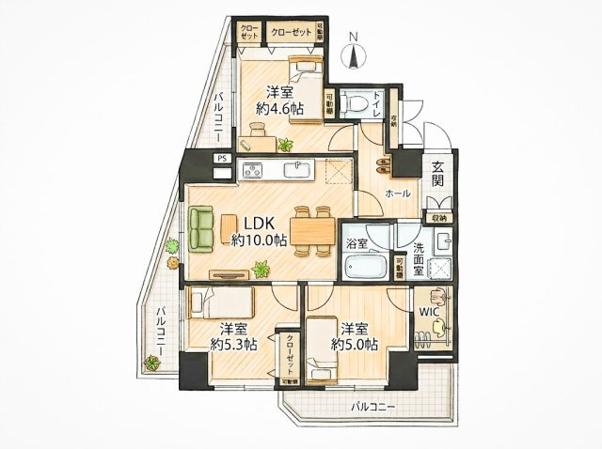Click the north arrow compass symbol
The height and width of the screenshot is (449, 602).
pos(352,52)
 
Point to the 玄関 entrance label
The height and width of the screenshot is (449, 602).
pos(438,176)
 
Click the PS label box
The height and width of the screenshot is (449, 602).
pos(222,159)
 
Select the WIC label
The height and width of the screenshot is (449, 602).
pos(428,310)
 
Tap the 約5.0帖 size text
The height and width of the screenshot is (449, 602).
pos(354,345)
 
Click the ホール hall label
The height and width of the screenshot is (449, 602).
pos(396,193)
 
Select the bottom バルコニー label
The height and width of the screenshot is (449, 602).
pos(374,407)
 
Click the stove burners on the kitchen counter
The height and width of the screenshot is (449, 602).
pos(255,170)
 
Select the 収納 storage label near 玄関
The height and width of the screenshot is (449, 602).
pos(440,218)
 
